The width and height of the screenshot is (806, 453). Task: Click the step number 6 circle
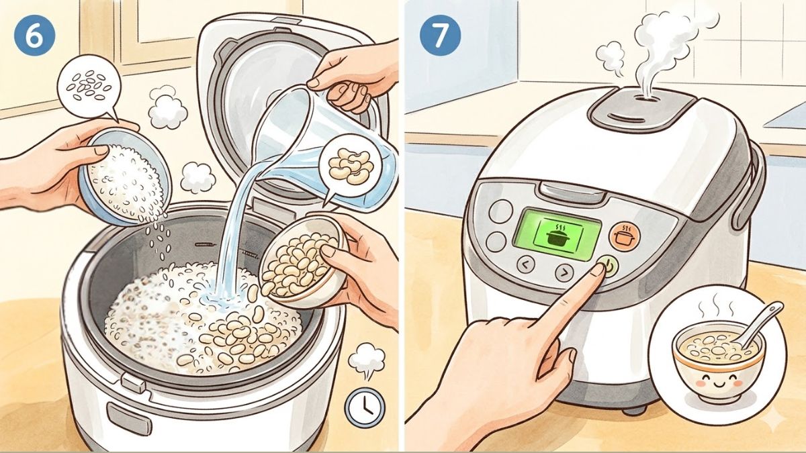31,35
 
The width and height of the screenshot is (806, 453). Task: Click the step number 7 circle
439,35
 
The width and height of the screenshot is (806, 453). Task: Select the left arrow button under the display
526,265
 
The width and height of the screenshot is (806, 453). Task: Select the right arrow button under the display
564,271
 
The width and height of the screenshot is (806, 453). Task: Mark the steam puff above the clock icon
366,360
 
